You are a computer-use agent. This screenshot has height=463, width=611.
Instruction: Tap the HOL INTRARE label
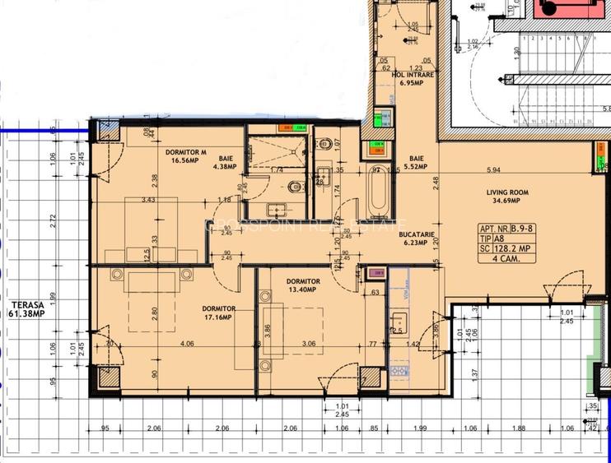coord(413,75)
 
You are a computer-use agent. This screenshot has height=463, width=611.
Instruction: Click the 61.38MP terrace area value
coord(26,313)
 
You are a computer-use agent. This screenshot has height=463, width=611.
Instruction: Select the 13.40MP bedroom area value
coord(304,290)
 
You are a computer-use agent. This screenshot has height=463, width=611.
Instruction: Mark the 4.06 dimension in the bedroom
coord(186,344)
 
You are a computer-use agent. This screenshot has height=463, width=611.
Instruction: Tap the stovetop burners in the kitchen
coord(398,371)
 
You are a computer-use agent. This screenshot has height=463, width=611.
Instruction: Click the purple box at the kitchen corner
coord(376,273)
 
